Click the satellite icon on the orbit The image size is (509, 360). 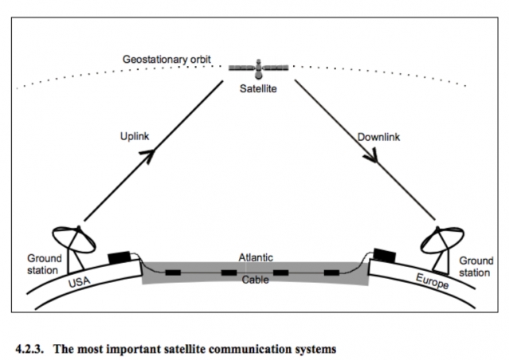(x=258, y=68)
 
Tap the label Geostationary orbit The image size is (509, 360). (x=166, y=60)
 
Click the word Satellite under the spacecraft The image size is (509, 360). (x=258, y=88)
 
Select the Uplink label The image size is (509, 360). (x=135, y=136)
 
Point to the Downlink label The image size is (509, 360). (x=378, y=137)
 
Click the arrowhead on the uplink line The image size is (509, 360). (x=147, y=156)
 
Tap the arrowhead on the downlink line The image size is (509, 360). (x=371, y=156)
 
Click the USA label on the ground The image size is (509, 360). (x=79, y=281)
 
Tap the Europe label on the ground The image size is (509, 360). (x=433, y=281)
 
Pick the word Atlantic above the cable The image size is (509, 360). (x=256, y=257)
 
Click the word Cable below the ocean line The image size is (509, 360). (x=256, y=280)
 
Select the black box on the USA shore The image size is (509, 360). (x=119, y=257)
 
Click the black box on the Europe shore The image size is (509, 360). (x=385, y=255)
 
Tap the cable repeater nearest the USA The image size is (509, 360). (x=173, y=272)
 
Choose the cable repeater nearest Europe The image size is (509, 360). (x=331, y=272)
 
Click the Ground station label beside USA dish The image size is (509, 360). (x=44, y=264)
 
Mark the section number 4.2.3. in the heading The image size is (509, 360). (x=29, y=349)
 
